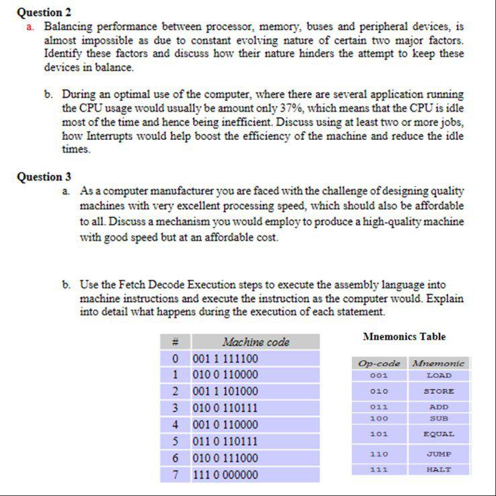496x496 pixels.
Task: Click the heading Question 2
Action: (x=44, y=12)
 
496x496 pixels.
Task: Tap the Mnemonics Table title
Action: (x=404, y=336)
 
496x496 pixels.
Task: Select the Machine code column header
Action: (x=256, y=343)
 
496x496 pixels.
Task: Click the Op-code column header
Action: (x=379, y=363)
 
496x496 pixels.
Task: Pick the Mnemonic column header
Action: (x=439, y=363)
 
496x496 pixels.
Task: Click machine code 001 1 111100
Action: (x=225, y=359)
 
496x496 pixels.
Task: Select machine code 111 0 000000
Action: (x=225, y=474)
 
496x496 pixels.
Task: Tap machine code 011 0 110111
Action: (x=225, y=441)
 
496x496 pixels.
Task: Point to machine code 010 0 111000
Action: (x=225, y=458)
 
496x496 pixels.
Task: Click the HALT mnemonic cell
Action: (x=439, y=470)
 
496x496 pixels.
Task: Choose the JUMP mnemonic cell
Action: (x=439, y=454)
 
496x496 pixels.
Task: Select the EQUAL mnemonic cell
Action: (x=439, y=434)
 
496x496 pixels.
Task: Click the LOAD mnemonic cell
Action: (x=439, y=376)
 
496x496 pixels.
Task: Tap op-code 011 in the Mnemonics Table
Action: (x=379, y=407)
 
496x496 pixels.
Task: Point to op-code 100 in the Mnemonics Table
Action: (x=379, y=418)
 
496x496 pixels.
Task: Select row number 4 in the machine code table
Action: (x=175, y=425)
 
